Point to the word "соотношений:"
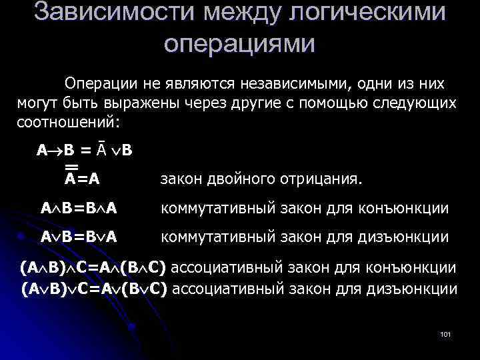coord(67,123)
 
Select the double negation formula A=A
coord(87,178)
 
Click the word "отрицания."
coord(323,179)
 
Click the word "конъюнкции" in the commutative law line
coord(409,209)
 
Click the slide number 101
coord(446,333)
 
